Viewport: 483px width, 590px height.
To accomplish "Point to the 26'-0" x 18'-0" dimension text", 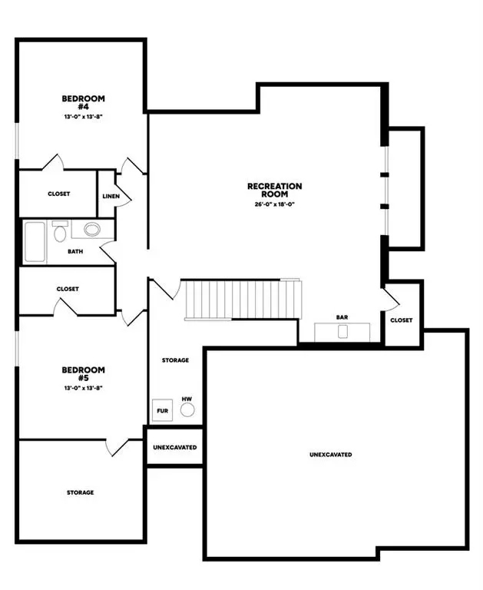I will coord(275,204).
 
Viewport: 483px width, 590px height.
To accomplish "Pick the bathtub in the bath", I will coord(34,241).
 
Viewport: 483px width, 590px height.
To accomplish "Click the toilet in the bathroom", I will coord(60,231).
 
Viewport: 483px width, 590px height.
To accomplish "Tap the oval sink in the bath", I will coord(92,229).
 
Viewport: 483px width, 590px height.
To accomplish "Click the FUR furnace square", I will coord(163,410).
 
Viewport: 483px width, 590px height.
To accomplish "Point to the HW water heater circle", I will coord(187,409).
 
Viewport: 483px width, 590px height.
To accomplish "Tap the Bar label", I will coord(342,317).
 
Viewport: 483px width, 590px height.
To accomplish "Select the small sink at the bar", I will coord(342,331).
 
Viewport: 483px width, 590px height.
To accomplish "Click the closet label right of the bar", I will coord(401,320).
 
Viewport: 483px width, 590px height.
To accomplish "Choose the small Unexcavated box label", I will coord(174,447).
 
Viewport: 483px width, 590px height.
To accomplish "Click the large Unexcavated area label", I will coord(331,455).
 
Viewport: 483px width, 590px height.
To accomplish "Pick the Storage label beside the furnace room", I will coord(175,360).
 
